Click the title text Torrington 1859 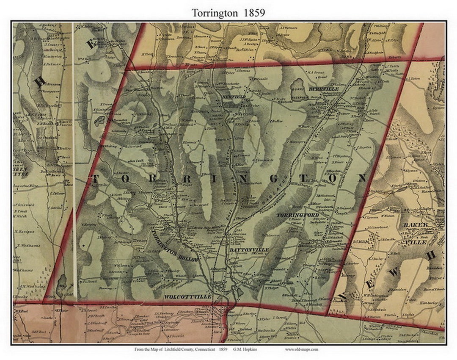[x=228, y=13]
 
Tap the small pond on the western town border [x=100, y=121]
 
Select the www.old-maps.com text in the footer [x=302, y=349]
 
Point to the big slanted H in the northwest [x=40, y=81]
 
